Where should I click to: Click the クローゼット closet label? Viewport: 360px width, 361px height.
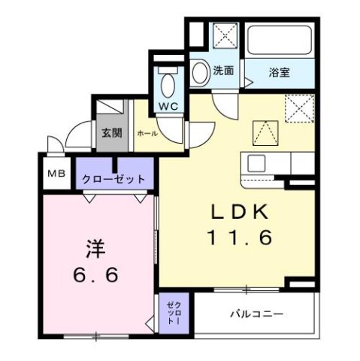coord(114,180)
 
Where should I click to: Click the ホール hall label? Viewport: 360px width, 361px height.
coord(147,132)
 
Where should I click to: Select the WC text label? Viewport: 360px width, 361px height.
coord(168,106)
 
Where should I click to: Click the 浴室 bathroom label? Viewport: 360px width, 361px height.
coord(280,72)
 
